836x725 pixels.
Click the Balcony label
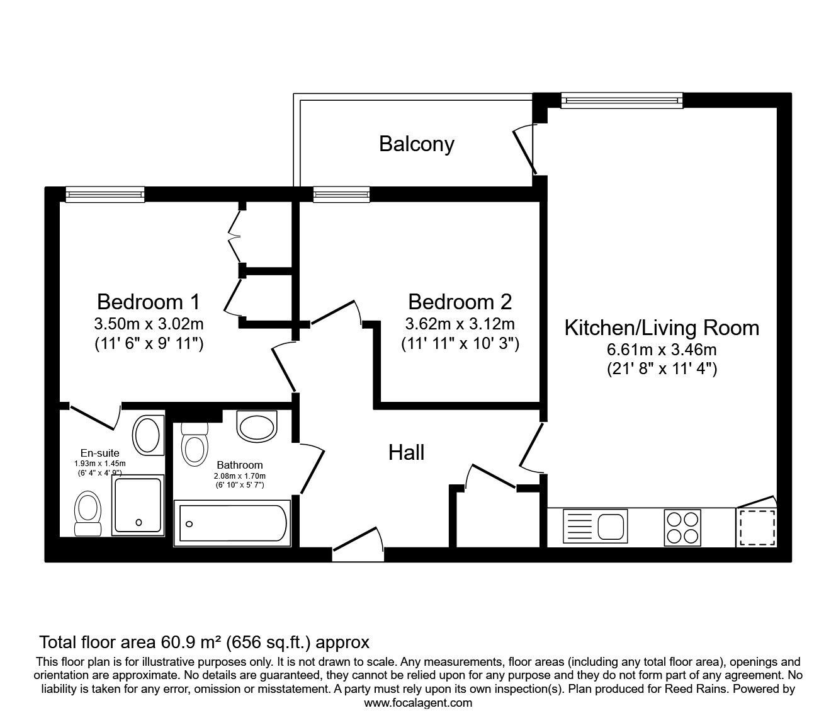[417, 144]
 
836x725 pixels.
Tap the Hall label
[406, 452]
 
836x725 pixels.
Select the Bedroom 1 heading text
[149, 302]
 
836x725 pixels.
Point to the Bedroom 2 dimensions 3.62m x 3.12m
[460, 324]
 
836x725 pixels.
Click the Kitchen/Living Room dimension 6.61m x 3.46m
[662, 350]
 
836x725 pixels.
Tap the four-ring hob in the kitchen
[682, 527]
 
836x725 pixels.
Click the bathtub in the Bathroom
[232, 523]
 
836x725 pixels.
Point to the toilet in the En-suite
[88, 513]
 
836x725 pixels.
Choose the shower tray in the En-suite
[138, 505]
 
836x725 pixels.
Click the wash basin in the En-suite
[148, 435]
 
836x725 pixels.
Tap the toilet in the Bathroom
[195, 444]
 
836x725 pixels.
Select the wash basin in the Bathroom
[257, 427]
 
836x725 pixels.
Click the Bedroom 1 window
[105, 195]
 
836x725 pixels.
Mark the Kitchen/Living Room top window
[621, 100]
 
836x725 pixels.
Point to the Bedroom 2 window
[341, 195]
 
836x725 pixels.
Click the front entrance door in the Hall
[358, 544]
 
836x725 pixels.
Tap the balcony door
[525, 149]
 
